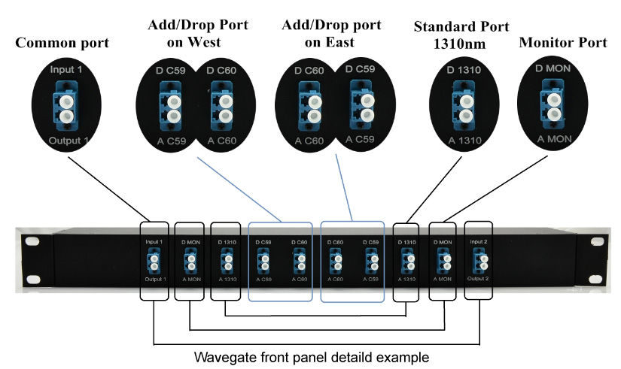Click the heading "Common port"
tap(62, 43)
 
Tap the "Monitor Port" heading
tap(562, 43)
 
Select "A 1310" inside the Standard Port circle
tap(461, 139)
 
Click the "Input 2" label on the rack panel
tap(479, 242)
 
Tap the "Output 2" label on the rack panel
tap(479, 280)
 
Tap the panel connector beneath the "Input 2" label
tap(479, 261)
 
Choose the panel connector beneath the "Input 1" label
tap(154, 262)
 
